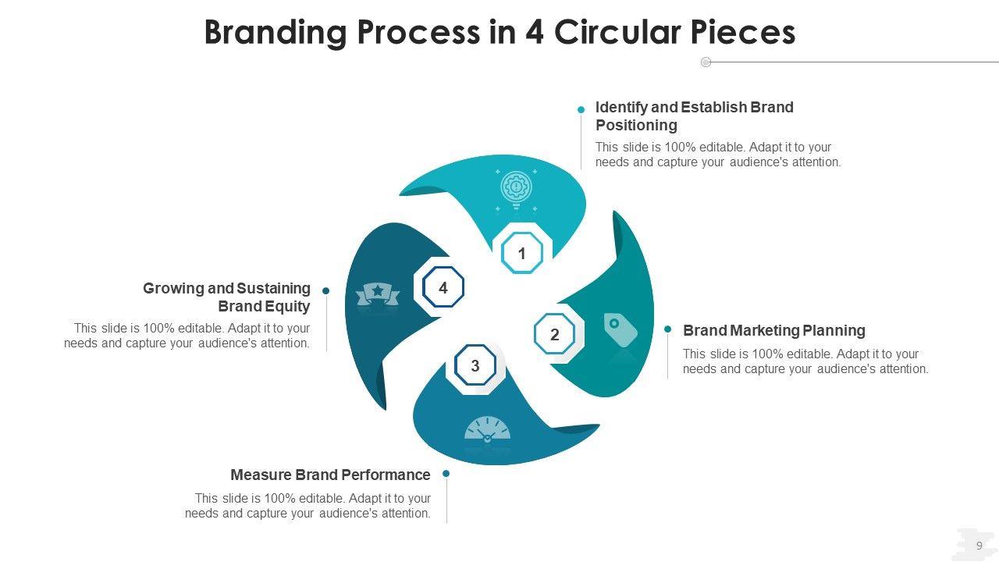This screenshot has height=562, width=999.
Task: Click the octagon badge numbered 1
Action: [x=522, y=253]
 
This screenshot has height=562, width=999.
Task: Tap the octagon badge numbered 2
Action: [x=555, y=335]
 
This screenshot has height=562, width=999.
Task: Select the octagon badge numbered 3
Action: [x=475, y=365]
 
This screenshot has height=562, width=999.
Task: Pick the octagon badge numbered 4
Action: [x=443, y=288]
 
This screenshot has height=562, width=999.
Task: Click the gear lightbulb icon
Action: [x=516, y=189]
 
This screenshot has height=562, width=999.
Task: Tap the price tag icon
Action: [x=620, y=329]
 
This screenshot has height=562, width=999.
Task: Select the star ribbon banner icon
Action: [x=378, y=294]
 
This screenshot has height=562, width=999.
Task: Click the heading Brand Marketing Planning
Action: [x=773, y=330]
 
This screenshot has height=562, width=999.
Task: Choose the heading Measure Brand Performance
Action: [x=330, y=475]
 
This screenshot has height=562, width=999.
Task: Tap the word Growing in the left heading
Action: [x=173, y=289]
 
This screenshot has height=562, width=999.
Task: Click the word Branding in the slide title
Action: [x=275, y=33]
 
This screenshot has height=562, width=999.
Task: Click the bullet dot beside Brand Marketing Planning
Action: [x=668, y=329]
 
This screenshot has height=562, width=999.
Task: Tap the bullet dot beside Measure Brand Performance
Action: [x=446, y=473]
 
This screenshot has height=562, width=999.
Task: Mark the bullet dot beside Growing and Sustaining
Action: [x=326, y=290]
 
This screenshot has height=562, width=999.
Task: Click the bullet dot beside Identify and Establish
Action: [x=581, y=110]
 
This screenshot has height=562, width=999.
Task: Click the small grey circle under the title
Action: [x=706, y=62]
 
